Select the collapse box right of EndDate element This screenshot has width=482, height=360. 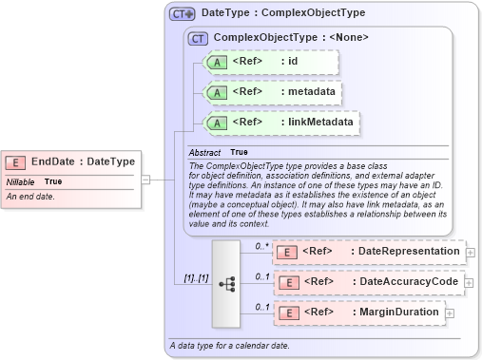[x=145, y=178]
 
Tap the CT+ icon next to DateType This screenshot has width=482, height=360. [x=182, y=14]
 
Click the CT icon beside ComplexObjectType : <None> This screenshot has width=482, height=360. [x=199, y=39]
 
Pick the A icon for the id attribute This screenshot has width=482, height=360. [x=217, y=62]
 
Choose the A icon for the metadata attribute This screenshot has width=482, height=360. [x=217, y=92]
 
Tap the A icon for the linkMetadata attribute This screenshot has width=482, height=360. [x=217, y=123]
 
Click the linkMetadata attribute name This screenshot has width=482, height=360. [x=317, y=123]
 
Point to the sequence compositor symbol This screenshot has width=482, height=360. [x=226, y=283]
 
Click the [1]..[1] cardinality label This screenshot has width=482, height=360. [x=198, y=278]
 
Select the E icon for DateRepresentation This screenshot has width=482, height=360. [x=286, y=252]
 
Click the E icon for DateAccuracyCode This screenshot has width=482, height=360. [x=286, y=282]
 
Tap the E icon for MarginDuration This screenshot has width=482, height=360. [x=286, y=313]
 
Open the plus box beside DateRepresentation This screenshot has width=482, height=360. [x=470, y=252]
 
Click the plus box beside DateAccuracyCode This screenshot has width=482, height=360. [x=470, y=282]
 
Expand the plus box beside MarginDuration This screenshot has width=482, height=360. [x=449, y=313]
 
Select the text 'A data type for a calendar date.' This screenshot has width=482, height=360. [x=228, y=345]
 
